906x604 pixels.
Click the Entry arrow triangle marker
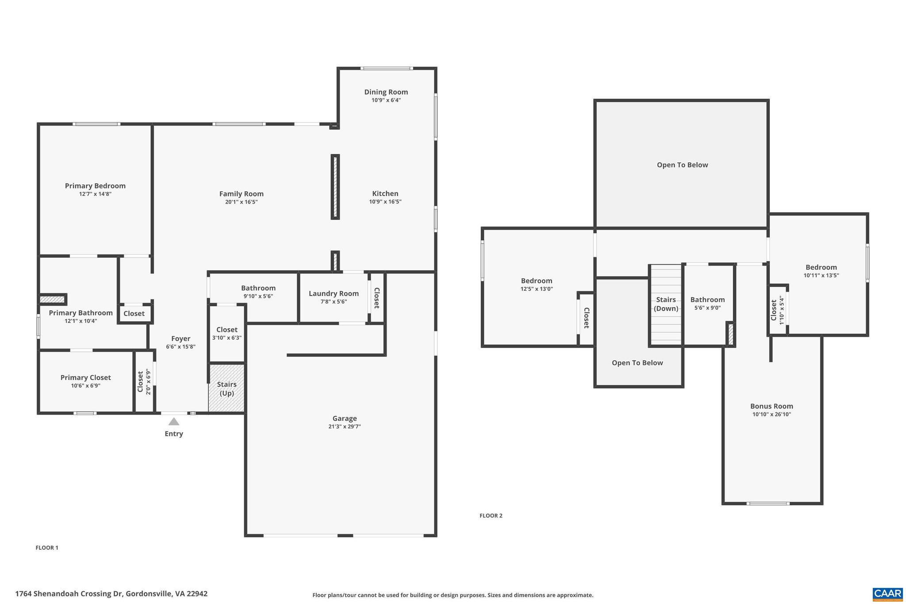click(x=174, y=422)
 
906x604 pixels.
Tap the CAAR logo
click(x=887, y=594)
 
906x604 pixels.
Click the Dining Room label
click(x=386, y=92)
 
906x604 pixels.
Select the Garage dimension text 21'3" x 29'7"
click(x=345, y=427)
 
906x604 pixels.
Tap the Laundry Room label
click(x=334, y=293)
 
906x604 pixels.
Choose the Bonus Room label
click(x=772, y=406)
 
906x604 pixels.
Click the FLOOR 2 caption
click(x=491, y=516)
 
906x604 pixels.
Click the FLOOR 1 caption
click(x=47, y=548)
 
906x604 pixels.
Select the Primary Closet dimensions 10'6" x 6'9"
click(x=85, y=386)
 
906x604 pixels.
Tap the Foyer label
click(x=180, y=339)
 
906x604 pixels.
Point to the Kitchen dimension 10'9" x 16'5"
click(x=385, y=202)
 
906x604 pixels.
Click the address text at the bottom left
click(x=111, y=594)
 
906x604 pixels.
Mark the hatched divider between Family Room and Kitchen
click(x=335, y=187)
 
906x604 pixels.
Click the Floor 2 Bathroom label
click(x=707, y=300)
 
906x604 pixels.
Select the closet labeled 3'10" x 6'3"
click(x=226, y=333)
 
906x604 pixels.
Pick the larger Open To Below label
click(x=682, y=165)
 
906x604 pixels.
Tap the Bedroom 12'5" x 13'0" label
click(x=536, y=281)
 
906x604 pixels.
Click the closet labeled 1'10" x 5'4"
click(x=776, y=310)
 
